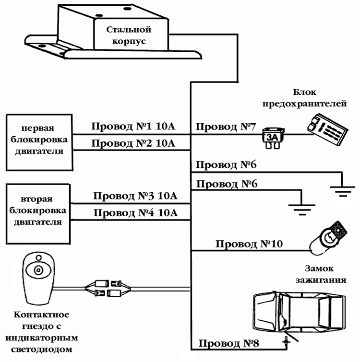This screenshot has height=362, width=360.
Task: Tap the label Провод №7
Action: [x=224, y=127]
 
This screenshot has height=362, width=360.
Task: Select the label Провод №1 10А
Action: [x=133, y=127]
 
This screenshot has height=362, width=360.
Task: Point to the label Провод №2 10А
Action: [x=133, y=143]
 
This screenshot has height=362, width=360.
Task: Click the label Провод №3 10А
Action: [x=135, y=196]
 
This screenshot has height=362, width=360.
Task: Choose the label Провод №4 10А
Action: [x=135, y=212]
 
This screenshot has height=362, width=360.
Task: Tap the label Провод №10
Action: [x=249, y=244]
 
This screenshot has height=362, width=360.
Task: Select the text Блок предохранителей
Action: [x=317, y=98]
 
